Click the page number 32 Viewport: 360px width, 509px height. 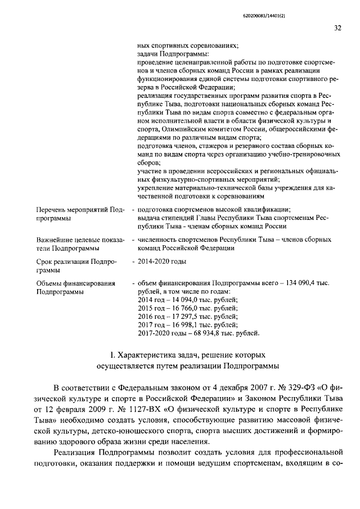point(337,28)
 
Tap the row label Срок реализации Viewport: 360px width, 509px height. point(63,262)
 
